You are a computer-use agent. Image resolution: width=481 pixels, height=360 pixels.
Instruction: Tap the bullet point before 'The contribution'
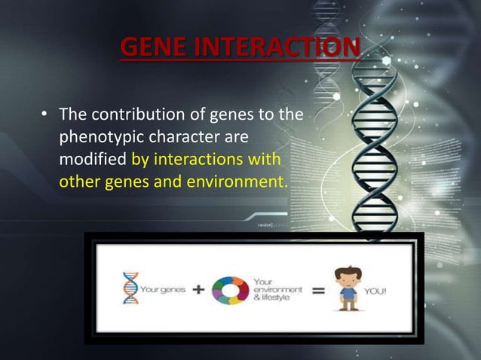coord(45,116)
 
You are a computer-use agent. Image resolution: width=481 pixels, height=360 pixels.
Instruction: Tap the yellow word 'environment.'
coord(238,182)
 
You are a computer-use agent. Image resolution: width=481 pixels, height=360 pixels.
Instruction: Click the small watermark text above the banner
coord(265,224)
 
